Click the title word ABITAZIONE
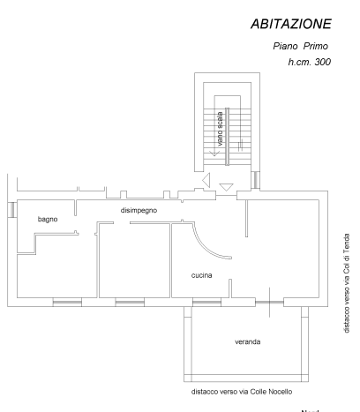coord(291,24)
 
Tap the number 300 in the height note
coord(323,62)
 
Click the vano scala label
coord(220,129)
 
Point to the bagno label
coord(48,220)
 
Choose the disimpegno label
coord(139,211)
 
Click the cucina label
coord(202,275)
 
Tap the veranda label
coord(248,341)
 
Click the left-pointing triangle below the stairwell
coord(206,180)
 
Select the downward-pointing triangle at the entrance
coord(226,187)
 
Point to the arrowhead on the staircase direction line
coord(214,154)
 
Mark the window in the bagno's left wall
coord(12,210)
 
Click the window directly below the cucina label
coord(206,302)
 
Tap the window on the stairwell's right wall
coord(256,180)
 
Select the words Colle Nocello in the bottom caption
coord(271,392)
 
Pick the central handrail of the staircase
coord(227,137)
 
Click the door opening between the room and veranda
coord(269,302)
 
